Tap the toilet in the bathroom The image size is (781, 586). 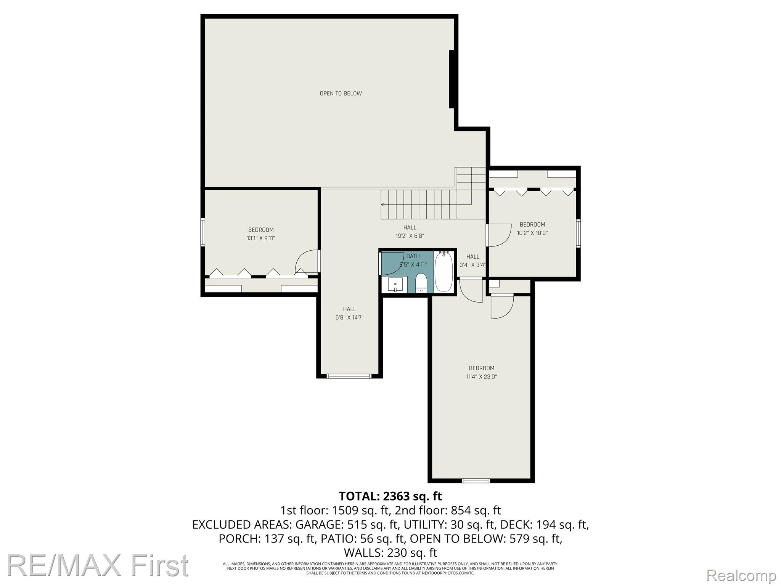[x=421, y=283]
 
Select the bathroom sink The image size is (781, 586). [x=395, y=285]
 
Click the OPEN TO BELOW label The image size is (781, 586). [x=341, y=93]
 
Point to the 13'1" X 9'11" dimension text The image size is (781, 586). [x=261, y=238]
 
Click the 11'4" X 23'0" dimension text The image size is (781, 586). [x=482, y=377]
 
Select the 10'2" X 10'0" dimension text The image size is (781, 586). [x=532, y=233]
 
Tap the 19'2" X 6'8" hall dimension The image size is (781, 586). [x=410, y=236]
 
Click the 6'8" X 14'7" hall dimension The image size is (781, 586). [x=349, y=317]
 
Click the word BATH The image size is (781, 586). [x=413, y=256]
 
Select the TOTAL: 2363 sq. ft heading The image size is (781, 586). [x=390, y=496]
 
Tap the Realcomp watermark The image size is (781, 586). [x=741, y=575]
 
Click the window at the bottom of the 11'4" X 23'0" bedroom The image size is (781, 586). [x=476, y=480]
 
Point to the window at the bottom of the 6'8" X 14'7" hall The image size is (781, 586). [x=349, y=376]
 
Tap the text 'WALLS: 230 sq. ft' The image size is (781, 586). [x=390, y=552]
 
